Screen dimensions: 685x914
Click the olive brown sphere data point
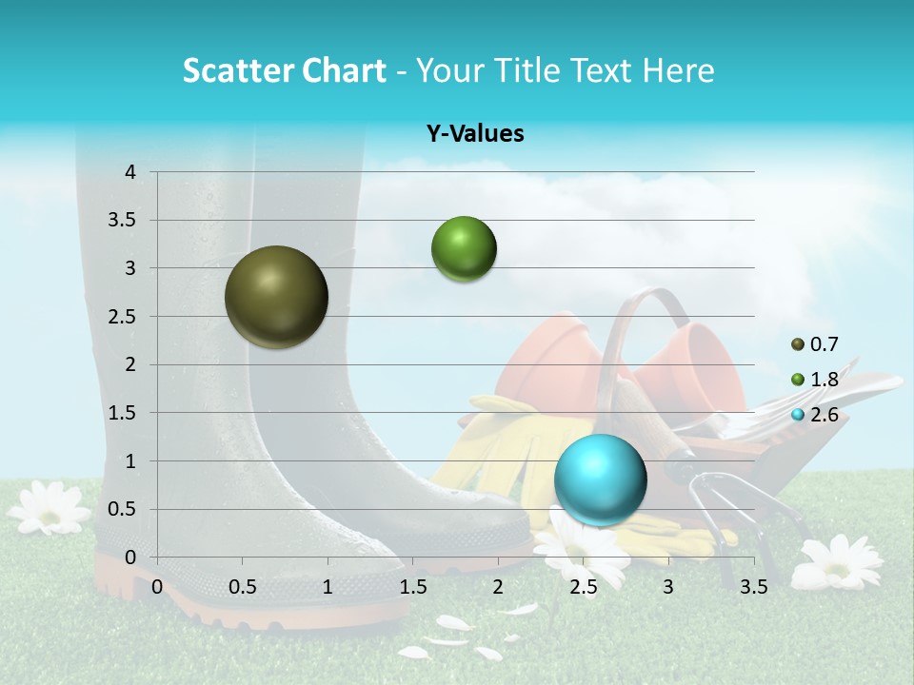[276, 297]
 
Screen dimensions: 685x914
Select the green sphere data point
[464, 248]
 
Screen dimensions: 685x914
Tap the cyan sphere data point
[600, 479]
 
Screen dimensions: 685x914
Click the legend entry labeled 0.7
[815, 344]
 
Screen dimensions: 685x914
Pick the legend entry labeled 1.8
[815, 380]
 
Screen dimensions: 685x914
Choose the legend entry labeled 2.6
[815, 415]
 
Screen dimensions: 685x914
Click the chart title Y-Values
[475, 134]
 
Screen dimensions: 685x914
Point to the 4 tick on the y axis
[130, 172]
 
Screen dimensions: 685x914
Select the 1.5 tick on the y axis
[123, 413]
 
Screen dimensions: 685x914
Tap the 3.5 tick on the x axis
[753, 587]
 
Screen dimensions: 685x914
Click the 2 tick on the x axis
[498, 587]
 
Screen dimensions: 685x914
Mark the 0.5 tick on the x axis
[243, 587]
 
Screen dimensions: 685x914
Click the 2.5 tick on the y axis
[123, 317]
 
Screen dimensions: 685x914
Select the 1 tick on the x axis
[328, 587]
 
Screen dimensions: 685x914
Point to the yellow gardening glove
[495, 447]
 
